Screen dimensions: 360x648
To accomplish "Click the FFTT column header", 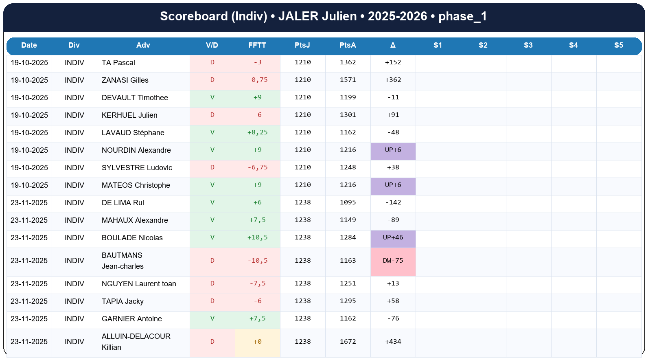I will point(257,45).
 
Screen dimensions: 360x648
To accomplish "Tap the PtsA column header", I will point(348,45).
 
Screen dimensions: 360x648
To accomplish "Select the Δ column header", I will point(393,45).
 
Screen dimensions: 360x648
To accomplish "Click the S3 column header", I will point(528,45).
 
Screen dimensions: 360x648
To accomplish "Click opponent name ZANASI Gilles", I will point(125,80).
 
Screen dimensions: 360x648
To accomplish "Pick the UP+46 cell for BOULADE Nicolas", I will point(393,237).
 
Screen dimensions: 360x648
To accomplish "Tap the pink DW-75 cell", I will point(393,261).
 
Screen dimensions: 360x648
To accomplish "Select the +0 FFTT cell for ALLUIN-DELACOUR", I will point(257,342).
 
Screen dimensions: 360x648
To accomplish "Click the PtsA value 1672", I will point(348,342).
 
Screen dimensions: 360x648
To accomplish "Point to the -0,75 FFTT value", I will point(257,80).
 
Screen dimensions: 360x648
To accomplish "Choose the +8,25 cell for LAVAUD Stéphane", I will point(257,132).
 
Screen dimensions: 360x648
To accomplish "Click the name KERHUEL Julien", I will point(129,115).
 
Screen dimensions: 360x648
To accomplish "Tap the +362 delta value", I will point(393,80).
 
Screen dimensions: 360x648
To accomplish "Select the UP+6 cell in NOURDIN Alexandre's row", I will point(393,150).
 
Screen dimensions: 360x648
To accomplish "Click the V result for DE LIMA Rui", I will point(212,202).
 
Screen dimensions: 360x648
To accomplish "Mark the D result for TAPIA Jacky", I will point(212,301).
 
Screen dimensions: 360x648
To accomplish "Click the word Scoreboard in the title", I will point(194,16).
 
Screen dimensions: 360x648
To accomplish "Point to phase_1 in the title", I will point(462,16).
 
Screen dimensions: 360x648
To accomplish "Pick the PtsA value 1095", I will point(348,202).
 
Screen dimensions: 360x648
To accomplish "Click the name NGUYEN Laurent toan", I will point(139,284).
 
